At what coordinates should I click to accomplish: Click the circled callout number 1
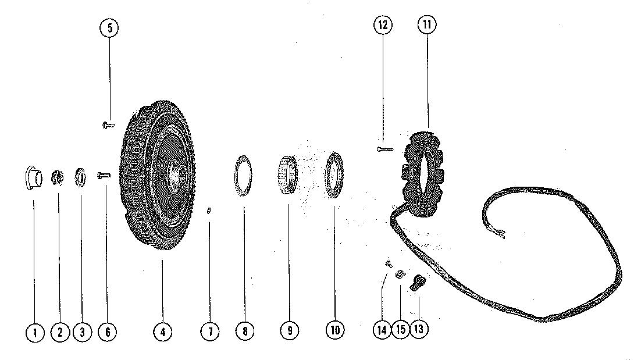click(x=35, y=332)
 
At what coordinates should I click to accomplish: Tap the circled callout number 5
click(x=109, y=28)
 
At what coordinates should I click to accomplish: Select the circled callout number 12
click(x=383, y=25)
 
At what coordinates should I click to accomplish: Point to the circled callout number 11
click(x=428, y=25)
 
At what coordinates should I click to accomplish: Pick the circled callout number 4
click(x=163, y=332)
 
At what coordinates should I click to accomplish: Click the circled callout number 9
click(x=289, y=331)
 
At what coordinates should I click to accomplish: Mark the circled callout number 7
click(x=210, y=332)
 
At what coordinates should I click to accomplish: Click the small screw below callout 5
click(x=108, y=124)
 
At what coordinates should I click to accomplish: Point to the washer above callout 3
click(x=80, y=177)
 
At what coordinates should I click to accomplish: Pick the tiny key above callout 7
click(x=209, y=211)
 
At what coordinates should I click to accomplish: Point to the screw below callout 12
click(x=383, y=149)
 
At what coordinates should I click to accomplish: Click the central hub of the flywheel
click(x=176, y=173)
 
